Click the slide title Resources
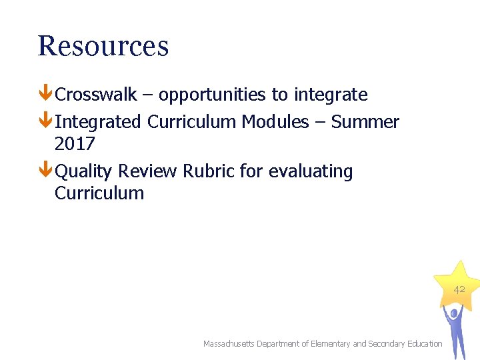pyautogui.click(x=103, y=46)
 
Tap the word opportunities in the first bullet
pyautogui.click(x=212, y=95)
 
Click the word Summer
pyautogui.click(x=365, y=122)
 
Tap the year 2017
pyautogui.click(x=75, y=144)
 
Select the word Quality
pyautogui.click(x=84, y=171)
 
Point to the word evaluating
pyautogui.click(x=311, y=172)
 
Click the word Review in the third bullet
pyautogui.click(x=147, y=171)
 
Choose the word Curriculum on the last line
pyautogui.click(x=99, y=193)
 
